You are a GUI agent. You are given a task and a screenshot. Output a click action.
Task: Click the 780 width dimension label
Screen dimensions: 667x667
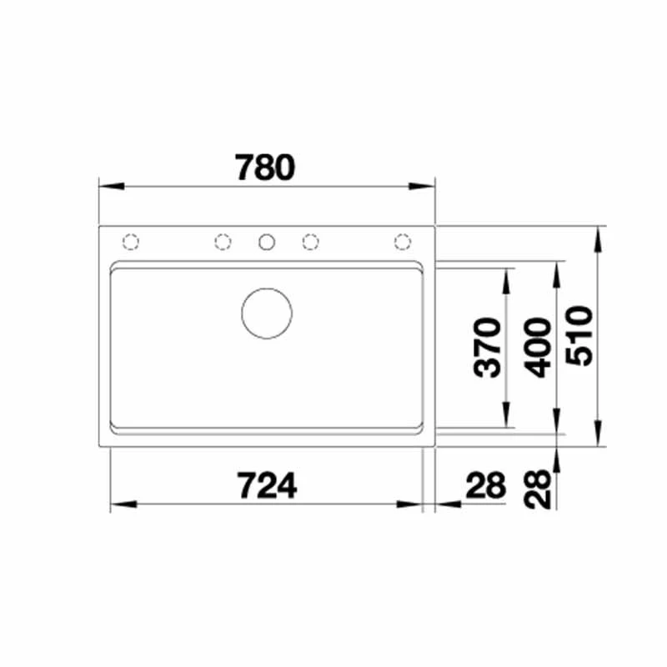(x=264, y=168)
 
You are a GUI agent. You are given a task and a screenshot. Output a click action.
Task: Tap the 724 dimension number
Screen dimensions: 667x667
(x=267, y=485)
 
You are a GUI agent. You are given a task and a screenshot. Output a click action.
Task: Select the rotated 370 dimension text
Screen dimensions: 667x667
(x=488, y=348)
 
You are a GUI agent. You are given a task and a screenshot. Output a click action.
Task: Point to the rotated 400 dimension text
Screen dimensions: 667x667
(x=537, y=348)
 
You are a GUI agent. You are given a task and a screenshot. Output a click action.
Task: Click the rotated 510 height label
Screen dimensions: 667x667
(x=579, y=336)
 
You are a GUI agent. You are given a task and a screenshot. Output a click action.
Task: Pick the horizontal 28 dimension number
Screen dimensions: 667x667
(x=486, y=485)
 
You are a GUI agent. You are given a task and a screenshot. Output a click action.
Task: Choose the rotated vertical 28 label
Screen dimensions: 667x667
(x=537, y=489)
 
